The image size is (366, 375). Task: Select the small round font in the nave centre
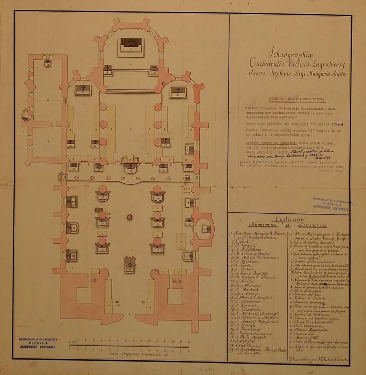click(130, 217)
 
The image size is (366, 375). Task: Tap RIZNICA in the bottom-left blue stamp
click(38, 342)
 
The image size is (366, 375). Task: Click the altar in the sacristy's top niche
click(48, 63)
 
